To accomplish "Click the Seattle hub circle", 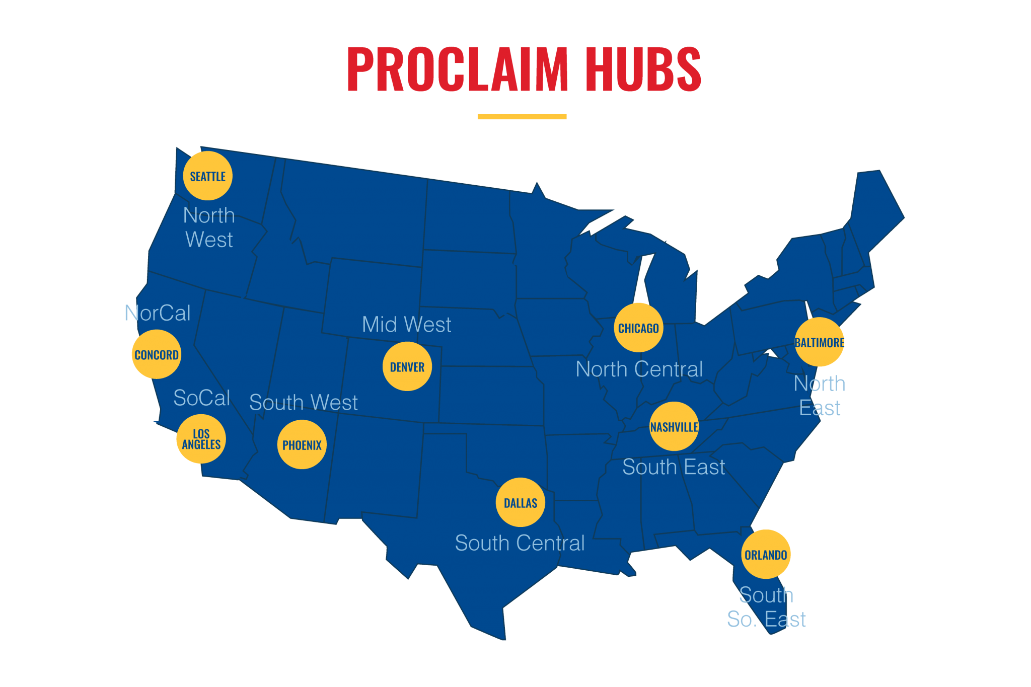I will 207,176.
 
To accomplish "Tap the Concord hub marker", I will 156,354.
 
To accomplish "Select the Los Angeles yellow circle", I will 201,439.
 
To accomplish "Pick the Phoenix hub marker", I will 302,444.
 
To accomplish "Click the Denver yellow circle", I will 407,366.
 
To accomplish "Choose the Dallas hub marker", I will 520,502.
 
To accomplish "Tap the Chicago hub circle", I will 638,328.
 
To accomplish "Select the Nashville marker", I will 674,426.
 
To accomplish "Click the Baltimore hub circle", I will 819,342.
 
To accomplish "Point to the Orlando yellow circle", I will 765,554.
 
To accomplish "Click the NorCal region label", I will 158,313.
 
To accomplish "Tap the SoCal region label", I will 201,398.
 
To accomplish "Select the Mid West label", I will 406,325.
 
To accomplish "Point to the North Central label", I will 639,369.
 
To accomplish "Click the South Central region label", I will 520,543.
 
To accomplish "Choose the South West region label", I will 303,403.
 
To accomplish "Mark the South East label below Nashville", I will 674,467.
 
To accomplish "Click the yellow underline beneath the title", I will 522,117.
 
